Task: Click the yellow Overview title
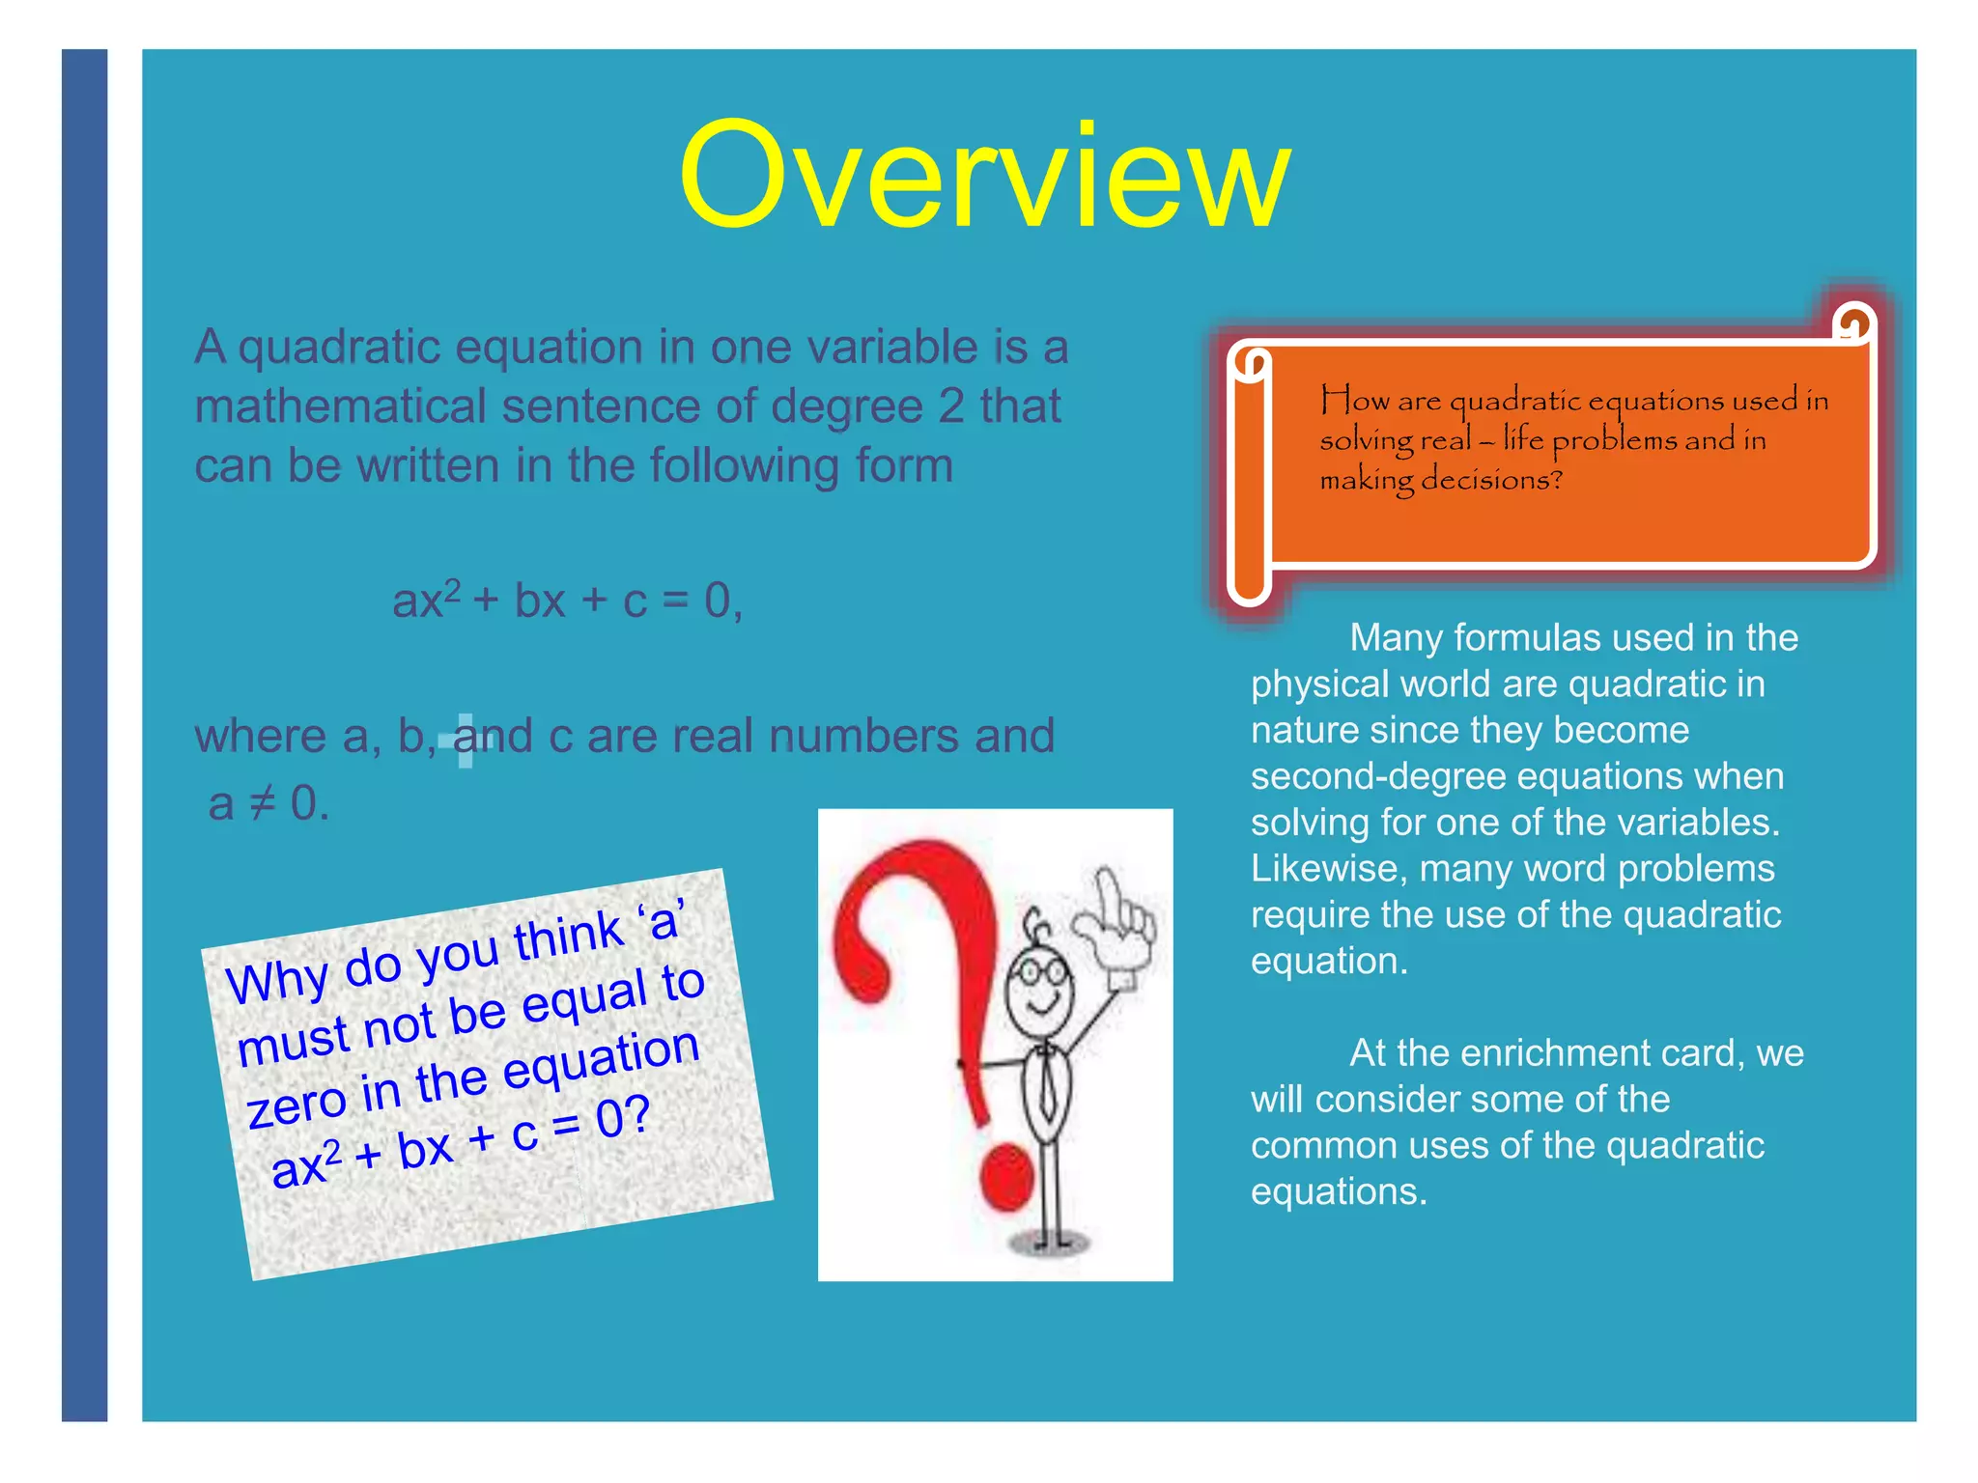click(x=984, y=176)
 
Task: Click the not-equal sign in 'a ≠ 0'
click(x=262, y=802)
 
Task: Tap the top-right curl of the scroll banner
click(x=1854, y=322)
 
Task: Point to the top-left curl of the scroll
click(x=1253, y=363)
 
